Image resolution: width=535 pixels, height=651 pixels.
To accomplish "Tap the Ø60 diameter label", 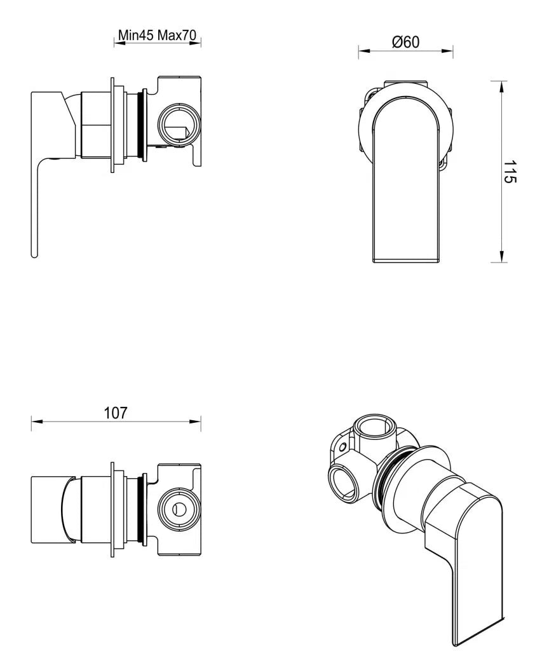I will (405, 43).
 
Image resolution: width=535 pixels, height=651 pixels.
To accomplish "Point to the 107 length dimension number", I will (116, 413).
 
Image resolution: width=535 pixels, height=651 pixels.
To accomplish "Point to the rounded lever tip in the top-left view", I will (34, 253).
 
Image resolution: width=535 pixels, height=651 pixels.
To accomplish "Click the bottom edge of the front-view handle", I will (406, 261).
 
